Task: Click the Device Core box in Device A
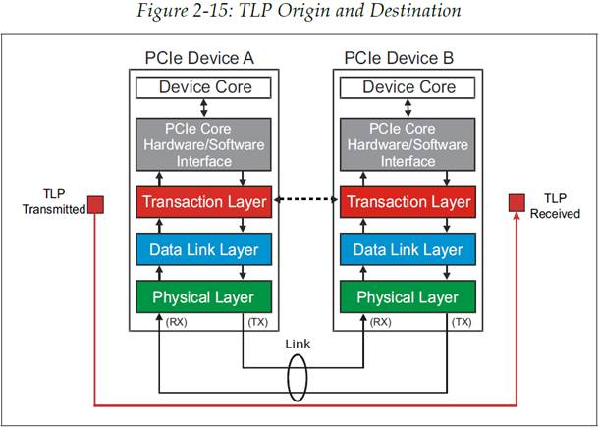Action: point(203,87)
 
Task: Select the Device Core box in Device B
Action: point(408,87)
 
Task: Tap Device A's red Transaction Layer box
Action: point(203,201)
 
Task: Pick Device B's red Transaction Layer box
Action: point(408,201)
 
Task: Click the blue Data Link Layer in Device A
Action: point(203,249)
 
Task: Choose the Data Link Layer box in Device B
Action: point(408,249)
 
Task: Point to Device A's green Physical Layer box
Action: point(203,296)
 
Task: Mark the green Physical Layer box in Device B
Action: point(408,296)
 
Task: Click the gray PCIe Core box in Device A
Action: point(203,144)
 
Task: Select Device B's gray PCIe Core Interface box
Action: point(408,144)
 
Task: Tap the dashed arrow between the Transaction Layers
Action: point(306,199)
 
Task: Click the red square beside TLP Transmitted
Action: point(95,205)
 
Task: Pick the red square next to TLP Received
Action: point(517,203)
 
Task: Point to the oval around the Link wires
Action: point(288,378)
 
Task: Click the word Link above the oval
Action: point(298,344)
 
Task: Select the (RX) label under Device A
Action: point(176,322)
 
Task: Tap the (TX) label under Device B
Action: point(462,322)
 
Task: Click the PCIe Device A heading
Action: point(199,58)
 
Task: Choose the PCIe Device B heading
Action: point(399,58)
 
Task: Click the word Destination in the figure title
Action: point(415,11)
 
